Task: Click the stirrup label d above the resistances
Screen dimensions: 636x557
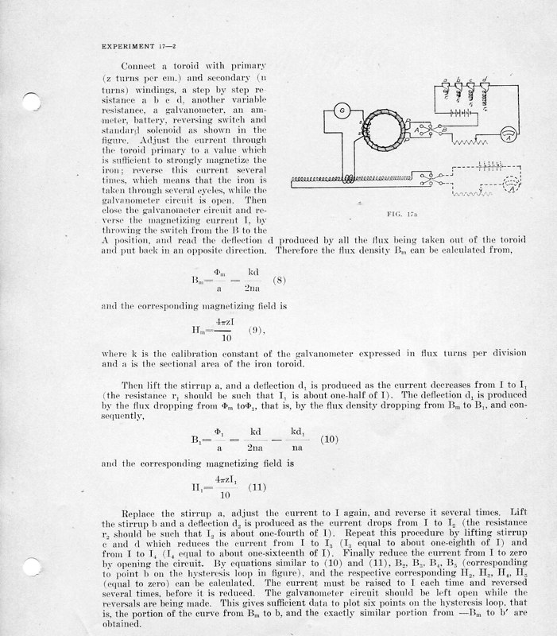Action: [x=484, y=80]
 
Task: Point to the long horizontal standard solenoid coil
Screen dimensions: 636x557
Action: [x=358, y=181]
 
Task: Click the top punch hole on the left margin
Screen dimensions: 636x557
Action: [x=30, y=102]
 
